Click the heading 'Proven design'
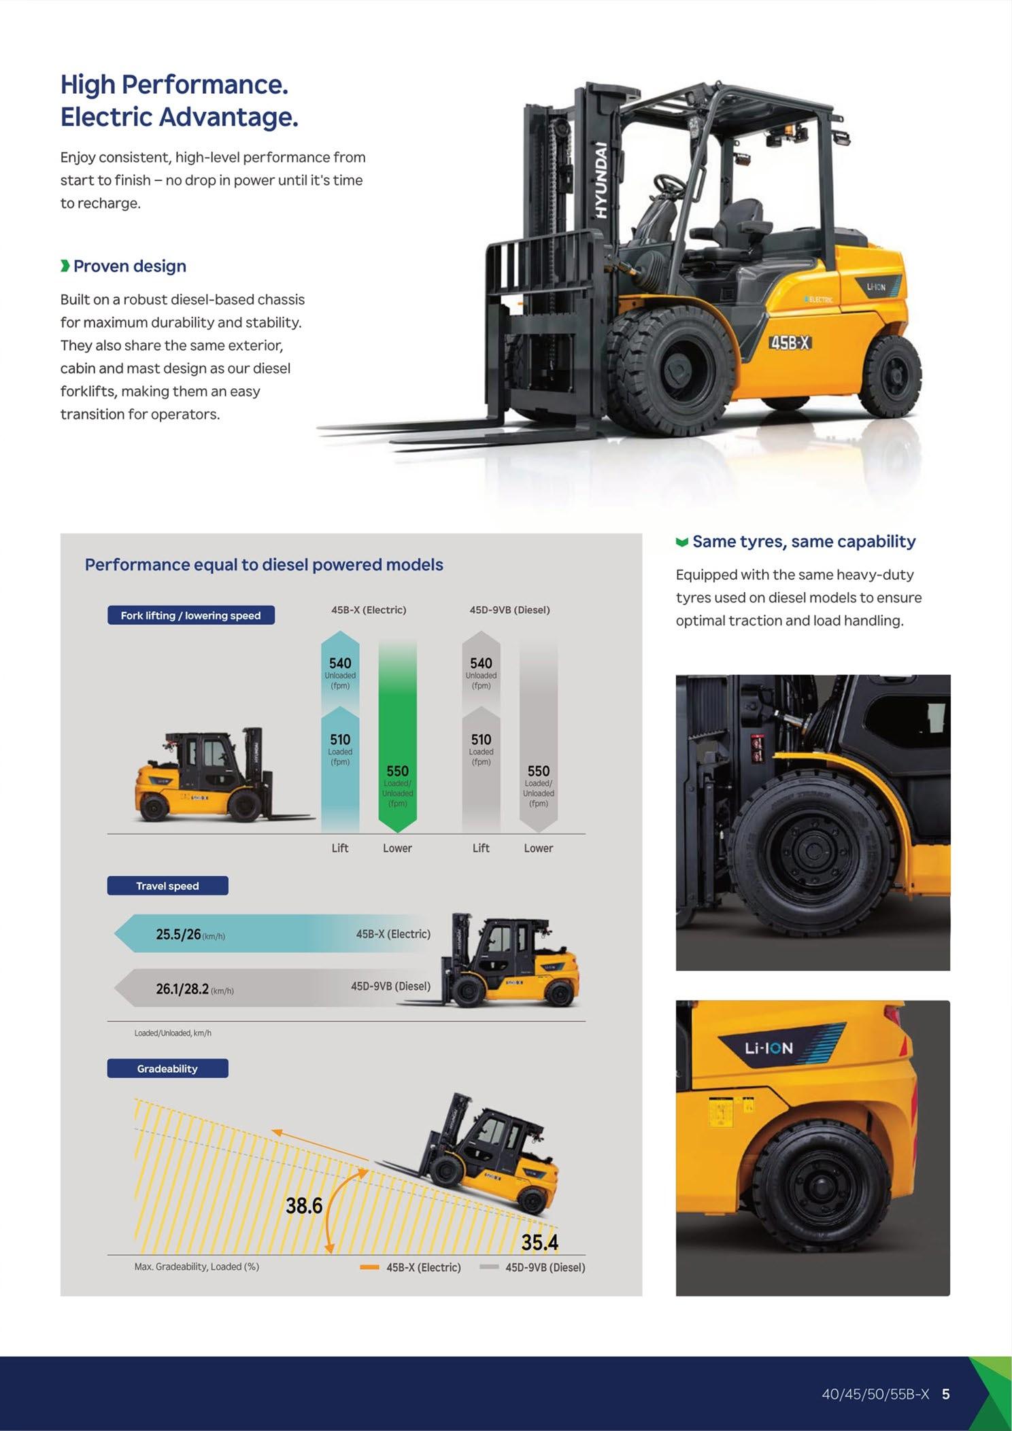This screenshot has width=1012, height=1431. click(x=129, y=266)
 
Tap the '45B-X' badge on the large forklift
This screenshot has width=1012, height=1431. click(x=790, y=343)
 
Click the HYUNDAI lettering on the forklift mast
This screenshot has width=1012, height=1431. click(x=601, y=180)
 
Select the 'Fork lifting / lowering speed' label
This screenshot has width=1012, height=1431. click(x=190, y=615)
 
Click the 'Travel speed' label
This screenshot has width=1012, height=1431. click(x=167, y=886)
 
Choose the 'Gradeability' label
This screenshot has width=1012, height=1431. click(x=167, y=1069)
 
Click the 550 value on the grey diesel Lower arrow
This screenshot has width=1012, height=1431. click(x=539, y=771)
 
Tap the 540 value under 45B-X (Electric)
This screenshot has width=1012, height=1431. click(x=340, y=663)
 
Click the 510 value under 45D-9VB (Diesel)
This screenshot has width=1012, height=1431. click(x=481, y=739)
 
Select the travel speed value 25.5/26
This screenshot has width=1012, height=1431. click(x=178, y=934)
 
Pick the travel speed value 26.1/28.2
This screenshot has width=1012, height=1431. click(x=182, y=988)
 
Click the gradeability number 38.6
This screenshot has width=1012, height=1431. click(x=304, y=1206)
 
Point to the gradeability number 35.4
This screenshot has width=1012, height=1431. click(x=539, y=1243)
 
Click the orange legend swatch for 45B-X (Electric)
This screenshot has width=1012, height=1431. click(x=370, y=1267)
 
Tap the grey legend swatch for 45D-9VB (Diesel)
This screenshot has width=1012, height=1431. click(x=489, y=1267)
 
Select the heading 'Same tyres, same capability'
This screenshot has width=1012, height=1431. click(x=804, y=541)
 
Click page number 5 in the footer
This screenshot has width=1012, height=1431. click(x=946, y=1394)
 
